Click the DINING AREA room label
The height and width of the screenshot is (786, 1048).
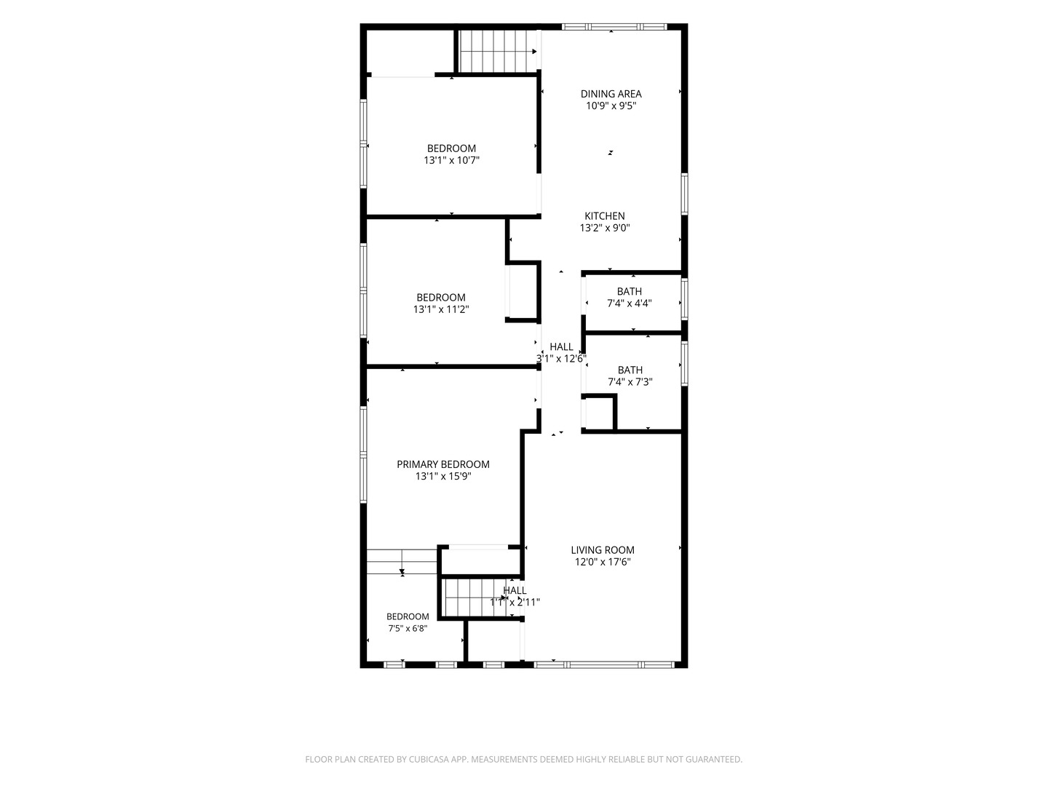(x=611, y=94)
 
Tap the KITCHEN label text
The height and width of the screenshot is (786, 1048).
(x=605, y=216)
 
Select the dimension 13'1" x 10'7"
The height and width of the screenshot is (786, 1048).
(x=451, y=160)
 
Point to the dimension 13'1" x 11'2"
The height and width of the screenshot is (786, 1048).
(x=441, y=309)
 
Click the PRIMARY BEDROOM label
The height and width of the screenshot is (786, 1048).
(x=443, y=464)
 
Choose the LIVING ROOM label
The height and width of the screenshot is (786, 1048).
(x=603, y=549)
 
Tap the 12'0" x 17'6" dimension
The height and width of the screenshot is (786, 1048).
(x=603, y=562)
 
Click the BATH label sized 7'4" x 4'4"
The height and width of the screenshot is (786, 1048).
(x=630, y=291)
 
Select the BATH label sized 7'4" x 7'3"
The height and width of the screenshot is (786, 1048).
(x=630, y=370)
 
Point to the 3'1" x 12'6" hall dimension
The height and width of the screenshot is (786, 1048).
(x=561, y=358)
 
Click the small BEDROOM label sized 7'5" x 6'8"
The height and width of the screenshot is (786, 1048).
(x=408, y=616)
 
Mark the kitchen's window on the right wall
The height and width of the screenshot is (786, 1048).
(x=684, y=194)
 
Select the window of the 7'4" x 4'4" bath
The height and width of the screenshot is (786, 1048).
(x=684, y=299)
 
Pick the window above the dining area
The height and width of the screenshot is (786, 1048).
(x=614, y=27)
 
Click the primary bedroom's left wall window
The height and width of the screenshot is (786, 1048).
(x=363, y=454)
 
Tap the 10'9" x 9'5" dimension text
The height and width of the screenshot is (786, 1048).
(x=611, y=106)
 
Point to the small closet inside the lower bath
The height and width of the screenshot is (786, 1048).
(x=599, y=414)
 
